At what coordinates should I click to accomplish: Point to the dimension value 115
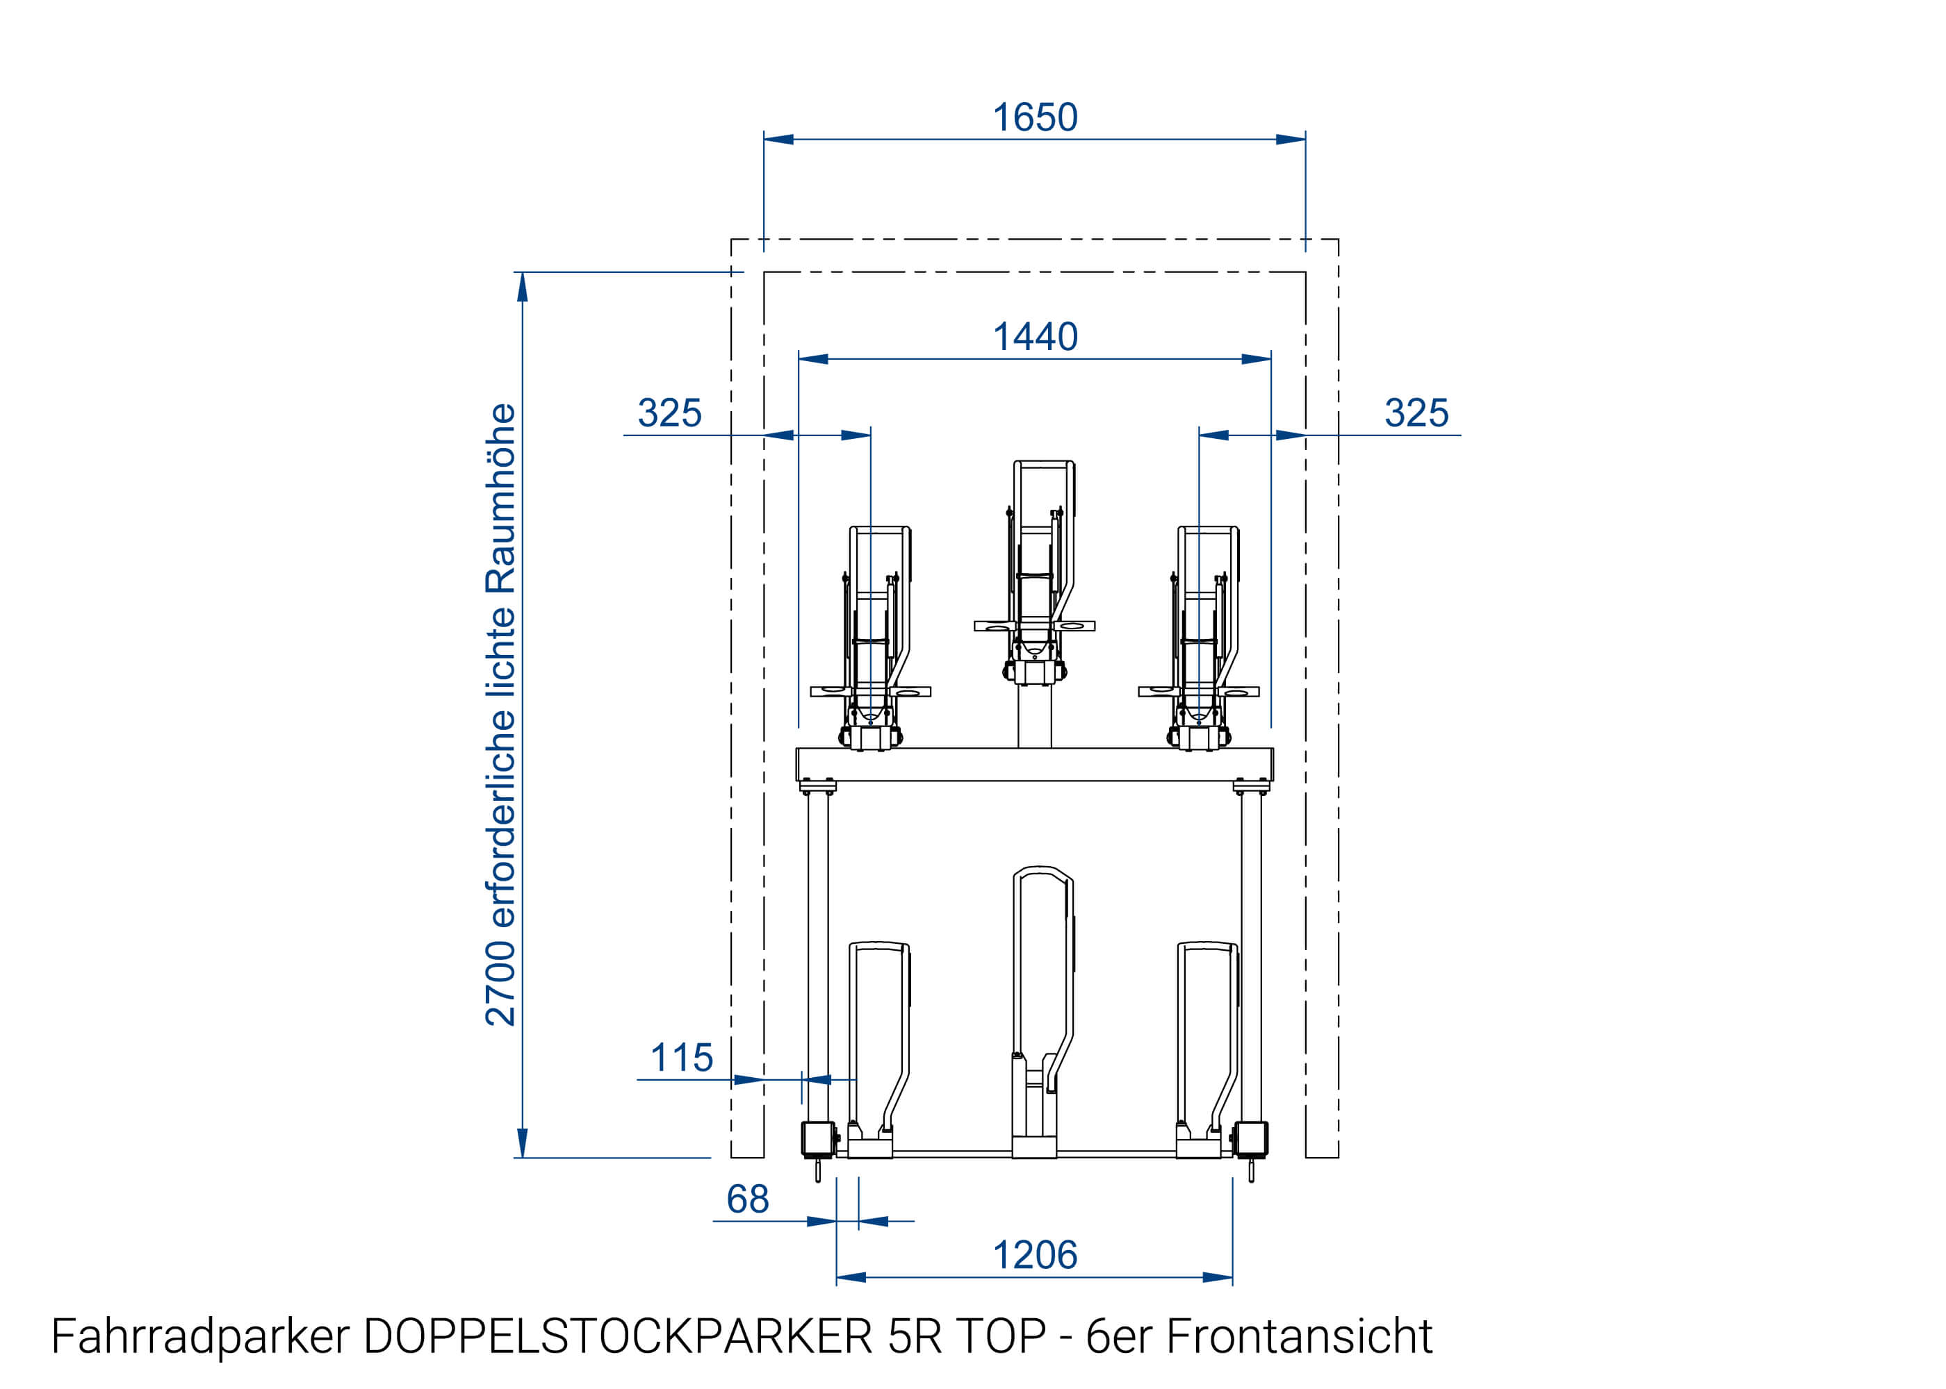[681, 1057]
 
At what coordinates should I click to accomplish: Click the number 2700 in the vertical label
[500, 983]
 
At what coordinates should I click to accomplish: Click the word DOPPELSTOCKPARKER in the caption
[617, 1336]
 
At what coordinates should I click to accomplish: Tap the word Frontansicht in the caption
[1298, 1336]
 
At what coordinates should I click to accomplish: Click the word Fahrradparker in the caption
[200, 1336]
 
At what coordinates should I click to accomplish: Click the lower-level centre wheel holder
[1042, 1009]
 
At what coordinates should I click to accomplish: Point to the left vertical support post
[817, 949]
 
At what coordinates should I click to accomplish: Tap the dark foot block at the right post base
[1251, 1138]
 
